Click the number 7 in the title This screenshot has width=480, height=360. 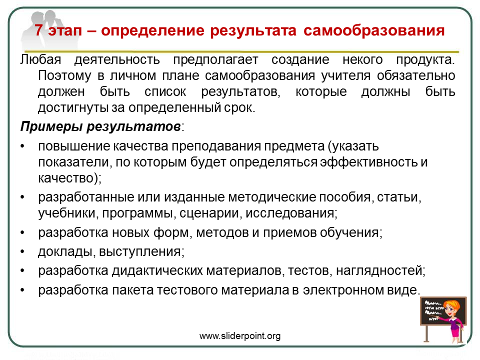pos(39,30)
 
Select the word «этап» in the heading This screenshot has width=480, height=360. pos(65,31)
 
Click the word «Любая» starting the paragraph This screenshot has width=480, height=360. pos(40,59)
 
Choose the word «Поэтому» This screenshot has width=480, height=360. pos(64,75)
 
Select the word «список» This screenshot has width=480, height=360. pos(165,91)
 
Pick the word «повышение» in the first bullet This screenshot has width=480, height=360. pos(74,146)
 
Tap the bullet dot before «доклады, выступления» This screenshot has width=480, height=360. pos(22,252)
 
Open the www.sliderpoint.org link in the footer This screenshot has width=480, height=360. pos(240,336)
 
